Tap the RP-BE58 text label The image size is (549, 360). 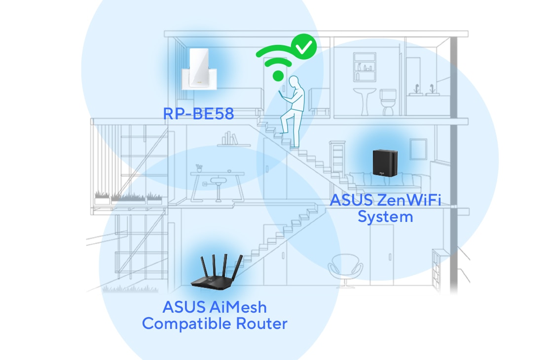[x=198, y=114]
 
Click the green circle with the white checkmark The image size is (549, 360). [x=303, y=47]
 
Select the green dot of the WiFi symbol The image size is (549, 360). [x=279, y=75]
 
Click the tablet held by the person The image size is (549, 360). [x=282, y=94]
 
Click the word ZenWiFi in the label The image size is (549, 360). [x=412, y=201]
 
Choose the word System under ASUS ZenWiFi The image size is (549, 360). [x=385, y=216]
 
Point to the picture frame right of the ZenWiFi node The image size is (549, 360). [x=418, y=148]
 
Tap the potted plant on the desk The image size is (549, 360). [x=199, y=169]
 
